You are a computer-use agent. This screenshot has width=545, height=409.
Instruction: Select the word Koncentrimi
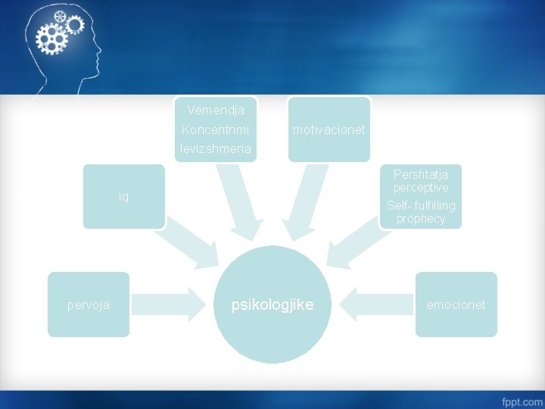(x=215, y=130)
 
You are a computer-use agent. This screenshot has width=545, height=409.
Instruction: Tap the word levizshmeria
(x=215, y=148)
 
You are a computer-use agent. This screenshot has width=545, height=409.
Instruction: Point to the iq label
(x=123, y=197)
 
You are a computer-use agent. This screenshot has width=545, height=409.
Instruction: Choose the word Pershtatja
(x=420, y=174)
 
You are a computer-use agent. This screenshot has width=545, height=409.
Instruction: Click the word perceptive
(x=420, y=187)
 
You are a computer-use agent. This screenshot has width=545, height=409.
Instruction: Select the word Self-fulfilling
(x=420, y=206)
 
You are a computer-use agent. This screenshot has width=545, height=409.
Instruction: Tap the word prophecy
(x=420, y=219)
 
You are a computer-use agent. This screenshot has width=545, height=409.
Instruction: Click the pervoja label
(x=88, y=304)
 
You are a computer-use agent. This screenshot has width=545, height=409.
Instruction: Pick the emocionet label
(x=456, y=304)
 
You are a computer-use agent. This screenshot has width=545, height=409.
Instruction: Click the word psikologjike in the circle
(x=272, y=304)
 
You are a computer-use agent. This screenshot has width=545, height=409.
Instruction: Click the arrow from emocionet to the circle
(x=374, y=304)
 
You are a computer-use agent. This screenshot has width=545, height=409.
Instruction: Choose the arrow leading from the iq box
(x=186, y=244)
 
